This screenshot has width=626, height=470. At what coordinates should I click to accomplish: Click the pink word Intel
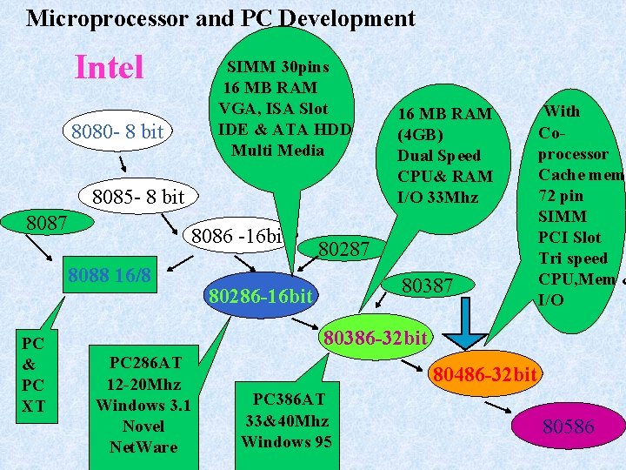point(110,67)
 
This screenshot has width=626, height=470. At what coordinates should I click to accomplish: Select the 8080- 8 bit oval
point(117,132)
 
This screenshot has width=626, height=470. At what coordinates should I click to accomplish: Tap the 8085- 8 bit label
point(138,197)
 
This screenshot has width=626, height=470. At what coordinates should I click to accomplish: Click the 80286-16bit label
point(260,297)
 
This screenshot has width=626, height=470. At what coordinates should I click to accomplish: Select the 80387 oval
point(429,285)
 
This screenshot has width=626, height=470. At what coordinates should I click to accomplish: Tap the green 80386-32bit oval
point(374,336)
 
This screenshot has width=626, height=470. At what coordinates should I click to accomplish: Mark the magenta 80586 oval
point(568,426)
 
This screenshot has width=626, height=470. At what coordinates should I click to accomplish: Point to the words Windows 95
point(284,441)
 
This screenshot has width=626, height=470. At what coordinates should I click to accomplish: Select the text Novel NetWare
point(143,436)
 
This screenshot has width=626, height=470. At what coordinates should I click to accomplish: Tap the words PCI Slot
point(569,237)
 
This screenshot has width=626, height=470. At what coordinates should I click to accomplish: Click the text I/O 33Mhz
point(437,197)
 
